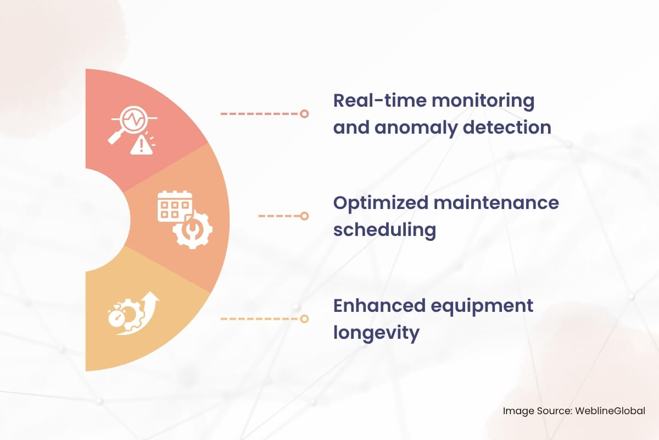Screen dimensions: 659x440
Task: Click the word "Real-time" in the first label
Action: click(380, 101)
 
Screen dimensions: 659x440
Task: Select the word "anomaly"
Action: click(416, 128)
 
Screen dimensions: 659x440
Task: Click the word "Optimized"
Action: click(381, 204)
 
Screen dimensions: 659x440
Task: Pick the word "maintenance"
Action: click(496, 203)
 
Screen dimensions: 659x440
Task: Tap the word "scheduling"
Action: click(384, 230)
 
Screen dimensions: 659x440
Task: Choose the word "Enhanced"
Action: click(379, 306)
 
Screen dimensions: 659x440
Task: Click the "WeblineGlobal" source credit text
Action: click(610, 411)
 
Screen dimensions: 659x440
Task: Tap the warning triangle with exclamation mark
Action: click(142, 145)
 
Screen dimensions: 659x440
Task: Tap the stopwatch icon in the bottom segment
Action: click(117, 317)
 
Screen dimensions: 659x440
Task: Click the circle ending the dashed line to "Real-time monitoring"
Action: click(304, 114)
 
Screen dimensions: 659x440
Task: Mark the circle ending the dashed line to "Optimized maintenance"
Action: click(304, 216)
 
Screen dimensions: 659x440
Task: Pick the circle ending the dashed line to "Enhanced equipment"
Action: click(304, 319)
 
